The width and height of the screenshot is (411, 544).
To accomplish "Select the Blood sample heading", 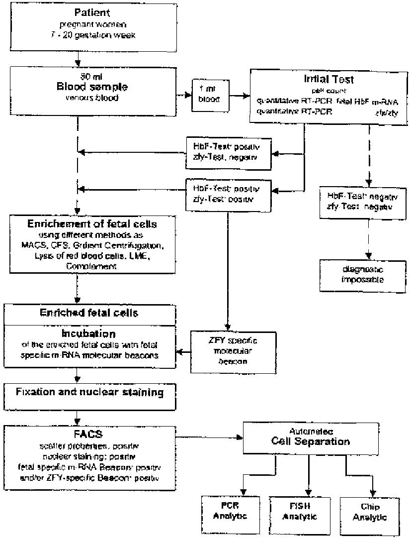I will pyautogui.click(x=91, y=87).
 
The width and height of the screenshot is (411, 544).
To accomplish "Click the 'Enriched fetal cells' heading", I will pyautogui.click(x=89, y=313).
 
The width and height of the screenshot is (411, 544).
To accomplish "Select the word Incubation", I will pyautogui.click(x=89, y=334).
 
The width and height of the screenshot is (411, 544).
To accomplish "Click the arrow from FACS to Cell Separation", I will pyautogui.click(x=209, y=438).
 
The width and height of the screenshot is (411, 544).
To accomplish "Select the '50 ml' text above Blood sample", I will pyautogui.click(x=91, y=77).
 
